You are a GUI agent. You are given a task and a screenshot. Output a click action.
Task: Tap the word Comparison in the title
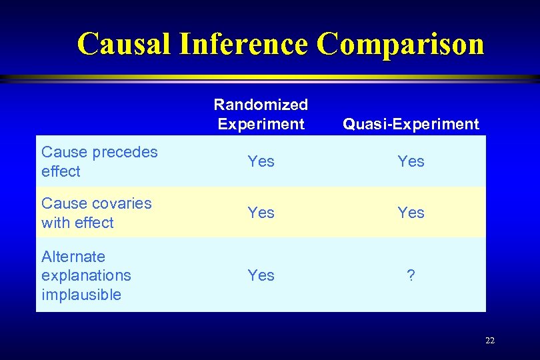pyautogui.click(x=400, y=44)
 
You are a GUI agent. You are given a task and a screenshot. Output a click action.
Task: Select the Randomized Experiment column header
pyautogui.click(x=261, y=114)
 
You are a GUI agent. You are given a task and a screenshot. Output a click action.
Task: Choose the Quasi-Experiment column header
pyautogui.click(x=411, y=124)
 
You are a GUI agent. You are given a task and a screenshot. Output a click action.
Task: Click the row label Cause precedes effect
pyautogui.click(x=99, y=161)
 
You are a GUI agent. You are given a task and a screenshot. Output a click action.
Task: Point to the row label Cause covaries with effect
pyautogui.click(x=96, y=213)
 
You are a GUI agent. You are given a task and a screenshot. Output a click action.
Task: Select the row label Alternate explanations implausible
pyautogui.click(x=86, y=275)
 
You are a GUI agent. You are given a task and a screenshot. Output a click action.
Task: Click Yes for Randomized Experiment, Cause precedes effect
pyautogui.click(x=261, y=161)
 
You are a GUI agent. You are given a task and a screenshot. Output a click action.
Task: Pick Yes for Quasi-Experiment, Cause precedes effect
pyautogui.click(x=411, y=161)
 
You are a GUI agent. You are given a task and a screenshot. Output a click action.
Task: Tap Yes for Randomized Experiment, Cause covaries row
pyautogui.click(x=261, y=213)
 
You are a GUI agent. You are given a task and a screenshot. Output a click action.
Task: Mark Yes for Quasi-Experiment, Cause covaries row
pyautogui.click(x=411, y=213)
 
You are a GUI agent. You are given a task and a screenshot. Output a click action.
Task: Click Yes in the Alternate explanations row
pyautogui.click(x=261, y=275)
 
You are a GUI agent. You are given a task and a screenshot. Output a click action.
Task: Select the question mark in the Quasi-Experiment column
pyautogui.click(x=411, y=275)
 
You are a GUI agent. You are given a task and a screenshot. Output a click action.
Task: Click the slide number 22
pyautogui.click(x=490, y=341)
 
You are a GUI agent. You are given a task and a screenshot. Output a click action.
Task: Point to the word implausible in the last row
pyautogui.click(x=81, y=295)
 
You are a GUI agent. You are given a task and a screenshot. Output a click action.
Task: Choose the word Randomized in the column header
pyautogui.click(x=261, y=105)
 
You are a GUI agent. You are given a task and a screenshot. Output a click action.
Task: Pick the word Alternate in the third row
pyautogui.click(x=73, y=257)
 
